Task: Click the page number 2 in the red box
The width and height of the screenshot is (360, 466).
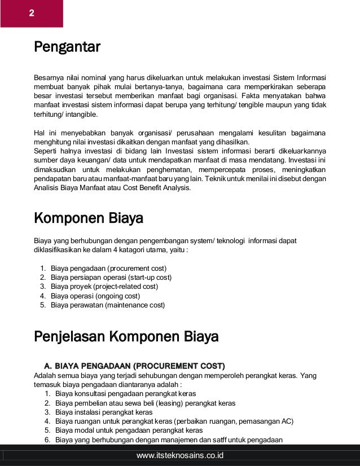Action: [31, 12]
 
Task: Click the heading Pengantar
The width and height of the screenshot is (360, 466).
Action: [67, 46]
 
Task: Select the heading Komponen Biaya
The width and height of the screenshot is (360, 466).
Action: [89, 218]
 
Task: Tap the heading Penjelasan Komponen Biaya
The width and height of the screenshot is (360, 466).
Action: [126, 337]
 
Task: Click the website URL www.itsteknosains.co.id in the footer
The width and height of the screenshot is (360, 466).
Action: [180, 455]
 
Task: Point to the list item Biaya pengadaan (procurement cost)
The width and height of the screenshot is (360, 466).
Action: [108, 268]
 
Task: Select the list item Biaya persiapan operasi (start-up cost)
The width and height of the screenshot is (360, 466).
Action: [111, 278]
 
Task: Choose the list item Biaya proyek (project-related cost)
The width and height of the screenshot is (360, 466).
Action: [104, 287]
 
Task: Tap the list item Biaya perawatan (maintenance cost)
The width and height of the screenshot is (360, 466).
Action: [108, 305]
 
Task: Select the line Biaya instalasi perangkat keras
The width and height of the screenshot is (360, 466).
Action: [104, 412]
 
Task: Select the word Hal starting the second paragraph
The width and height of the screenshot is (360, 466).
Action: [40, 133]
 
